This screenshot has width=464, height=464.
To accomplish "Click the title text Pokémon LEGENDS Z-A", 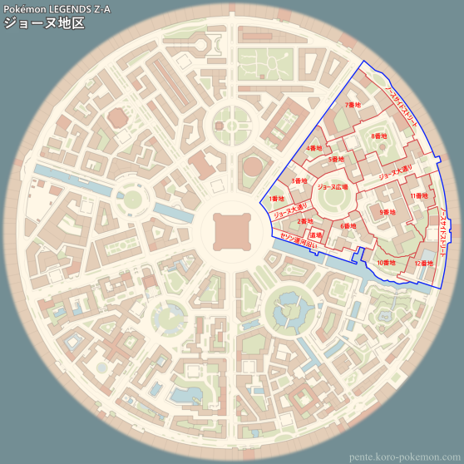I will pos(57,8).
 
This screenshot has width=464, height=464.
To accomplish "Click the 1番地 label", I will pos(277,199).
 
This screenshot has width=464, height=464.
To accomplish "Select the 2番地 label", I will pos(306,221).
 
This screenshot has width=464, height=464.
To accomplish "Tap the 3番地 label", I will pos(299,180).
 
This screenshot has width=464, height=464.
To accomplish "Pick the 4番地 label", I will pos(314,148).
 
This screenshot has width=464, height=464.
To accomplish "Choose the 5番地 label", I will pos(336,159).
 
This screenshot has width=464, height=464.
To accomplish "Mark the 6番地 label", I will pos(348,225).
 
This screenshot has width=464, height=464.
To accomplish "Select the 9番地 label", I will pos(387,213).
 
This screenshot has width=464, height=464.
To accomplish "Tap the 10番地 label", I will pos(386,263).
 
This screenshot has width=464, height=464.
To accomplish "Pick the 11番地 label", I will pos(419,195).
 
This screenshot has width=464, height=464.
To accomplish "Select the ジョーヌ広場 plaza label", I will pos(332,188).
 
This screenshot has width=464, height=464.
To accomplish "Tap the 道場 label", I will pos(316,235).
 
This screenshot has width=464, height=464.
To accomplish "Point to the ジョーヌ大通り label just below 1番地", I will pos(290,213).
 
